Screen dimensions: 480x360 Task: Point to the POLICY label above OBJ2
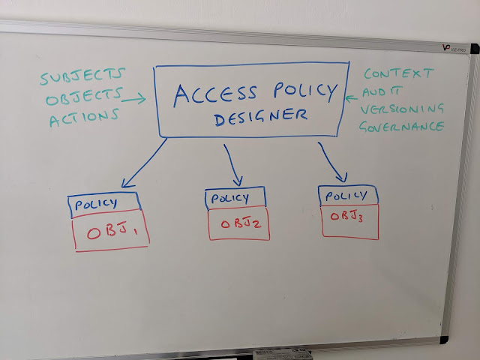coord(230,199)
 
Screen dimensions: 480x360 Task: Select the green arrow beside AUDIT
coord(352,96)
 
